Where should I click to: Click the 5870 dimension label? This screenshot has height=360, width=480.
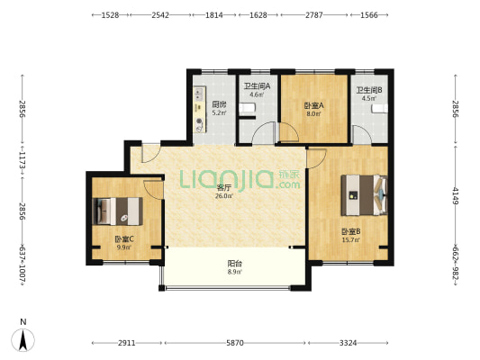[x=235, y=343]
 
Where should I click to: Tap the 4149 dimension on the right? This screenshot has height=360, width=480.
[x=456, y=196]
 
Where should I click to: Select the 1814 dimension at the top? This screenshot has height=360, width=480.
[x=214, y=14]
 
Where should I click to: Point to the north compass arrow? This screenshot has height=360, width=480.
[x=23, y=340]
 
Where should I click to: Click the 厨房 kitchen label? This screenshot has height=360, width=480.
[x=219, y=104]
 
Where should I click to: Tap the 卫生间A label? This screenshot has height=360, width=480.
[x=257, y=86]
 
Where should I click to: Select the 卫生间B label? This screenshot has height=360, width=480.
[x=369, y=90]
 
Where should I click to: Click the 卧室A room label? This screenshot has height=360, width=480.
[x=313, y=106]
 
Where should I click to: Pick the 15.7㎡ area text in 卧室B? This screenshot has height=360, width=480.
[x=351, y=239]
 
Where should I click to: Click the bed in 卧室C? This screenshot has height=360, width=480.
[x=118, y=211]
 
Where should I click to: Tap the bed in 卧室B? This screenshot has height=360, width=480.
[x=365, y=194]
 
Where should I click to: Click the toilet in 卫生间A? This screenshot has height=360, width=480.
[x=247, y=109]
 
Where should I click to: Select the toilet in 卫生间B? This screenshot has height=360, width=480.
[x=380, y=109]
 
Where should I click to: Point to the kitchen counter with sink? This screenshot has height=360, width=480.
[x=200, y=110]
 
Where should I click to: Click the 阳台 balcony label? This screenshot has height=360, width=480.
[x=235, y=264]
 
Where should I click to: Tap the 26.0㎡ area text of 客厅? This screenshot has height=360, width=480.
[x=223, y=196]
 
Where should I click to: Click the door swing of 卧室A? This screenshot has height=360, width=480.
[x=289, y=132]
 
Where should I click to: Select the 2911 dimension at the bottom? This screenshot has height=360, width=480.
[x=127, y=343]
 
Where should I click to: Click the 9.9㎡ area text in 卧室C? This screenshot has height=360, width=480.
[x=124, y=247]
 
